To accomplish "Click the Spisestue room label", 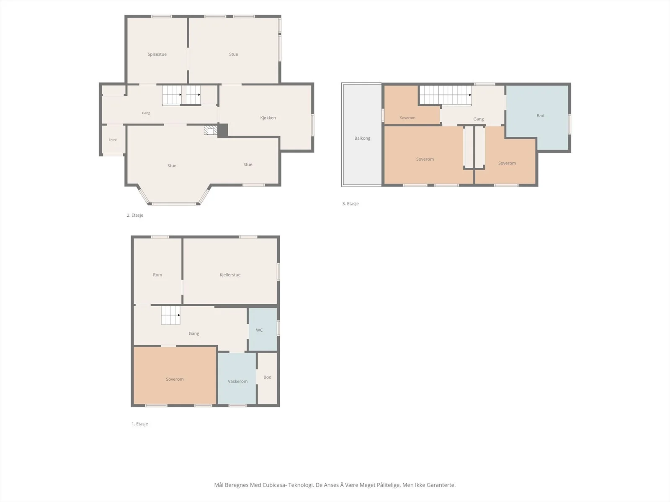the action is (157, 54).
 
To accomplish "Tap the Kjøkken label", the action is (268, 118).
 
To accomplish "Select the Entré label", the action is (113, 140).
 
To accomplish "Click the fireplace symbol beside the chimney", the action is (211, 130).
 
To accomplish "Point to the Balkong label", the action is (362, 138).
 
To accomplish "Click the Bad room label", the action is (540, 115).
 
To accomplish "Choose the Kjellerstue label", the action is (230, 275).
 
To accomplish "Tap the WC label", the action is (259, 330).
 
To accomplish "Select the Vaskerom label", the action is (237, 381).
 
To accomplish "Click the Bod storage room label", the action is (268, 377).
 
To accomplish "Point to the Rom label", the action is (157, 275).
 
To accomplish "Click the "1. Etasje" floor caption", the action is (140, 424).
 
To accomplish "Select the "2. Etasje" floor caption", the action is (135, 215).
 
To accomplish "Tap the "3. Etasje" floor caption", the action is (350, 204).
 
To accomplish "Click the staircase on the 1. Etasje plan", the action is (170, 315).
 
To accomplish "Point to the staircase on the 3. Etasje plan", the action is (446, 95).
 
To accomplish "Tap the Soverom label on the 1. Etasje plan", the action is (175, 379).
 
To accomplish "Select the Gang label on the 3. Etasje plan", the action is (478, 119).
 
